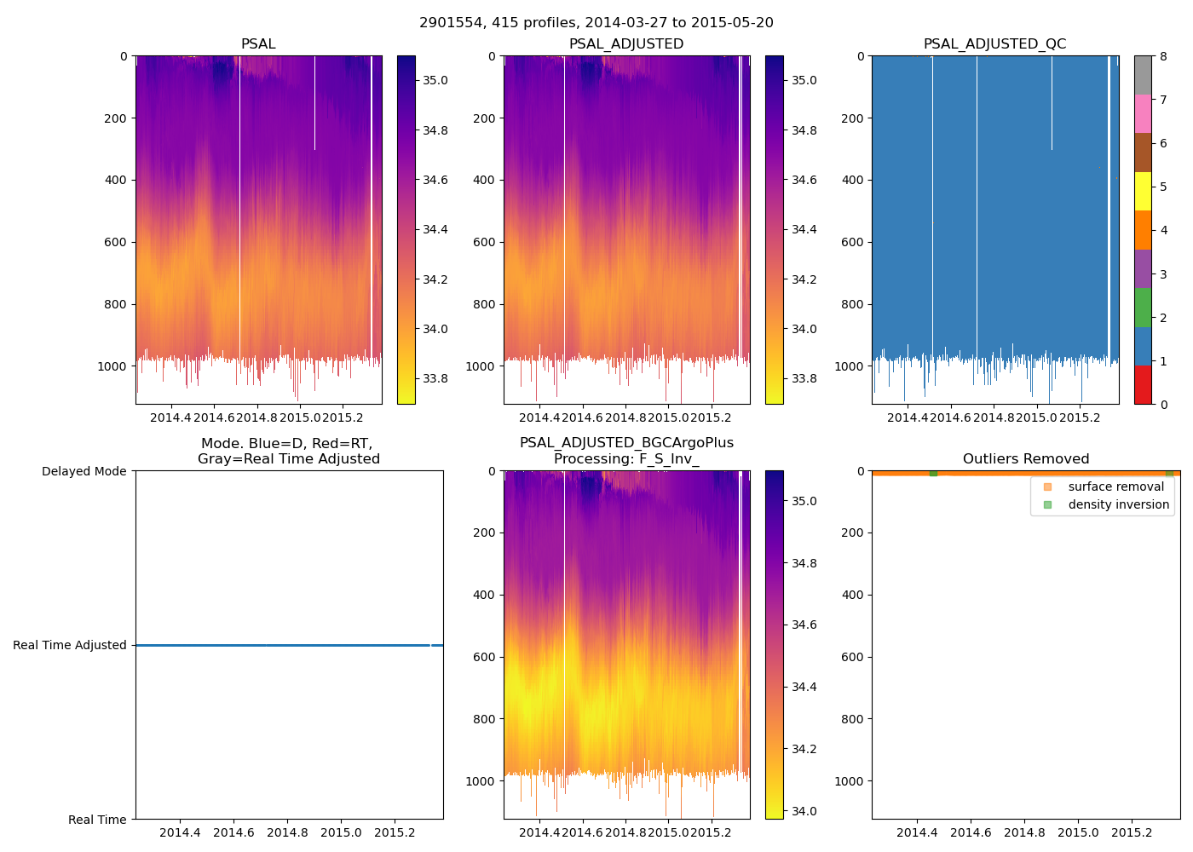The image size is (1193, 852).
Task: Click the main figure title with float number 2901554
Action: tap(596, 23)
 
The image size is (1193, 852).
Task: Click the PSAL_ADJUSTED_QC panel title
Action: tap(994, 44)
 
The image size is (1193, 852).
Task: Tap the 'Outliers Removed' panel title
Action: tap(1025, 459)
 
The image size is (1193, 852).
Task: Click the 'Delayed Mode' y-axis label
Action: tap(84, 471)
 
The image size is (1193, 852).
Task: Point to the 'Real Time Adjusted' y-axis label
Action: tap(69, 645)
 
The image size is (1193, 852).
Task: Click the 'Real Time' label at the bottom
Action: tap(97, 820)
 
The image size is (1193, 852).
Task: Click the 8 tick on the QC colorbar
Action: tap(1163, 56)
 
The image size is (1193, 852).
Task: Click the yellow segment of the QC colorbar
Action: tap(1143, 191)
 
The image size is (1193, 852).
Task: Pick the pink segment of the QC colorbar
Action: tap(1143, 113)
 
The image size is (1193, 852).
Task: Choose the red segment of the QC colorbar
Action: tap(1143, 384)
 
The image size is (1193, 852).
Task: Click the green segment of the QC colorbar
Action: tap(1143, 307)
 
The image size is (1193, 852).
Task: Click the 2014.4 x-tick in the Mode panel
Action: tap(180, 832)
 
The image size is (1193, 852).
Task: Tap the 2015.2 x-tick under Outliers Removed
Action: tap(1132, 832)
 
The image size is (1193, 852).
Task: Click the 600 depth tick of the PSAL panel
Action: tap(115, 242)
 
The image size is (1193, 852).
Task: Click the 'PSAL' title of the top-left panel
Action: tap(258, 44)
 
